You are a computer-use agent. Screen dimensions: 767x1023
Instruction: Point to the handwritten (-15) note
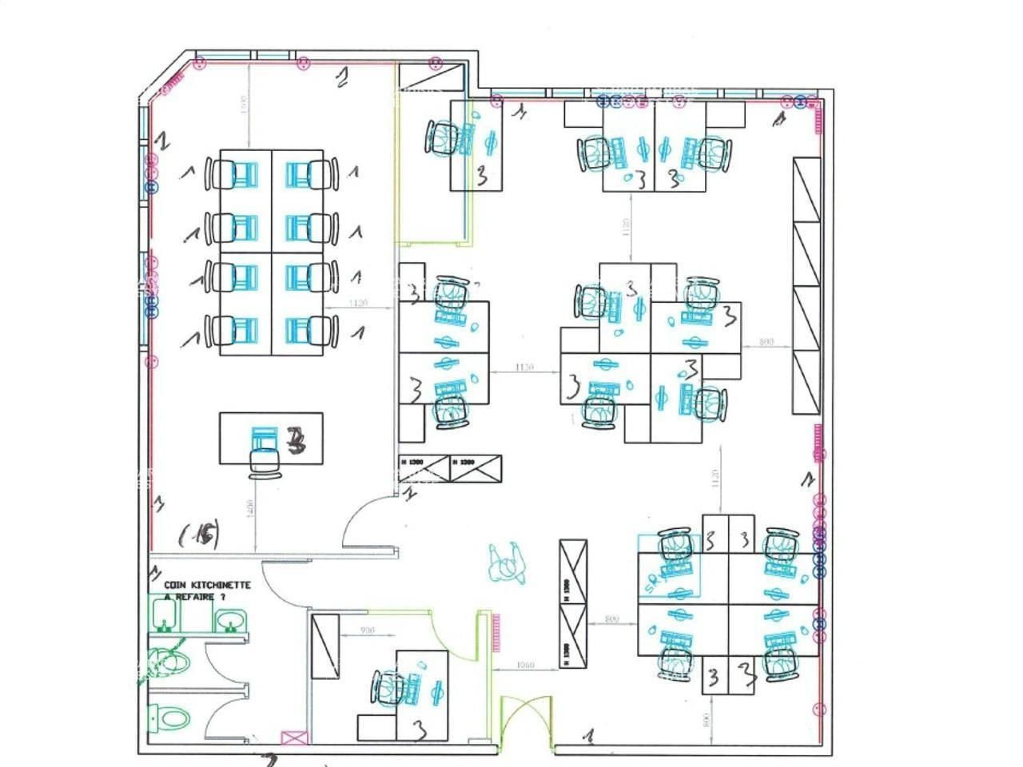tap(199, 534)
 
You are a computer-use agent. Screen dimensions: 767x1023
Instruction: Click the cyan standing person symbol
tap(506, 562)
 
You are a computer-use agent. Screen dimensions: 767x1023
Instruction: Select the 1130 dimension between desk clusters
tap(524, 368)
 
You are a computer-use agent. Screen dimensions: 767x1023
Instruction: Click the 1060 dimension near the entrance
tap(525, 665)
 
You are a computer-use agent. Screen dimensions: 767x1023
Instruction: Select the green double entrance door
tap(525, 724)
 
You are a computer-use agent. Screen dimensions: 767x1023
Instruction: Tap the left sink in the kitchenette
tap(165, 614)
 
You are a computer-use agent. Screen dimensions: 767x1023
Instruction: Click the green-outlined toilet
tap(170, 661)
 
